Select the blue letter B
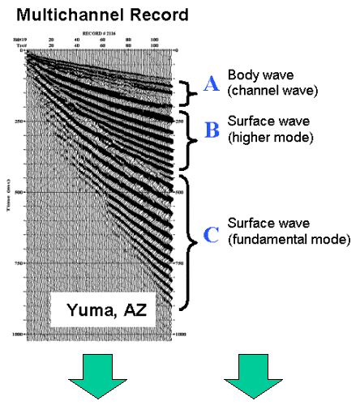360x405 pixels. [209, 130]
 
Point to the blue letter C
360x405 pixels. [209, 235]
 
